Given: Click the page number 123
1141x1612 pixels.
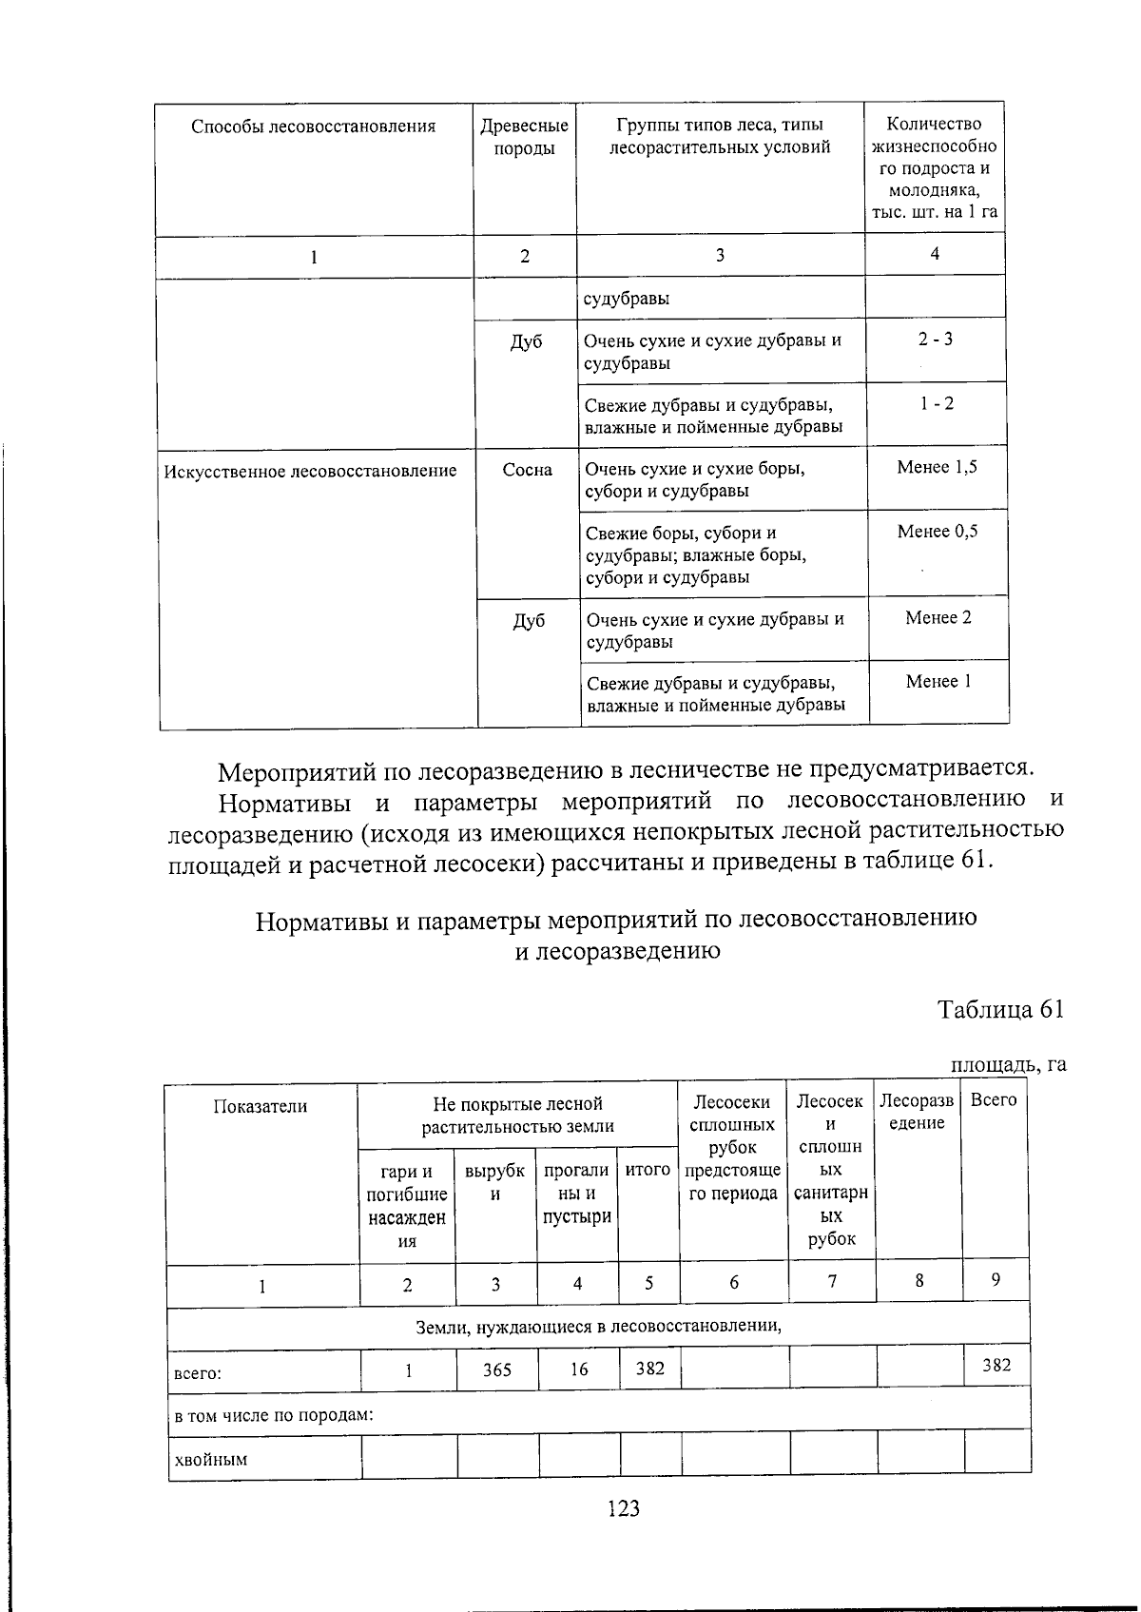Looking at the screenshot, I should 623,1508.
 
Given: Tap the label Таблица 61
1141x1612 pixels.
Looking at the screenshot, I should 999,1009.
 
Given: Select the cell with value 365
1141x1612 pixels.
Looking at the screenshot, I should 496,1369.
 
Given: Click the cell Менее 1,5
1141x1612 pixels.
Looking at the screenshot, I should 937,467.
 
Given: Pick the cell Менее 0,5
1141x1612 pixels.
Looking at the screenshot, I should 937,532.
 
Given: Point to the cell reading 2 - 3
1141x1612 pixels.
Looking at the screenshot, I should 936,340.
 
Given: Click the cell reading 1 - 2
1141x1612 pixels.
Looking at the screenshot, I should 936,403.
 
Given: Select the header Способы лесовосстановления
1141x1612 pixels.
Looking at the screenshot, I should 314,126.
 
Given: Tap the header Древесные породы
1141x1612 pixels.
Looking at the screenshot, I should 525,137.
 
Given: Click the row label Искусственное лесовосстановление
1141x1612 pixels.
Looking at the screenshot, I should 310,471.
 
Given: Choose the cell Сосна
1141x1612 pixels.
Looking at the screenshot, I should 527,470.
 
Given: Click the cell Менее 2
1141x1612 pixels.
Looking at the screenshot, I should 938,618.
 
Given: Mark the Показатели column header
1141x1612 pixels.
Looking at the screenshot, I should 261,1106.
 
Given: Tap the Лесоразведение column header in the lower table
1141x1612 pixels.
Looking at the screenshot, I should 917,1112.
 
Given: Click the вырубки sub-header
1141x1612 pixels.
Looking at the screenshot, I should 494,1182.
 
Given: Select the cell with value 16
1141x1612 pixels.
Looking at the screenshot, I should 578,1369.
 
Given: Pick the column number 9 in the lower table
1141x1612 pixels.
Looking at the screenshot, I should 995,1280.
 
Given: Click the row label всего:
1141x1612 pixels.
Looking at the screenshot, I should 197,1373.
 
